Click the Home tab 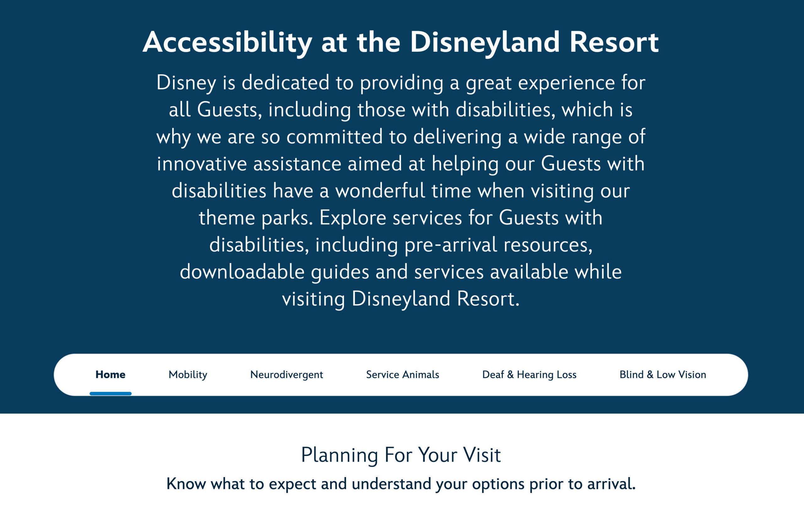coord(110,374)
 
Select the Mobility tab coord(188,374)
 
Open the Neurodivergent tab coord(286,374)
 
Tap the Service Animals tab coord(402,374)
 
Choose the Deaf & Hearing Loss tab coord(529,374)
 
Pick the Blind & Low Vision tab coord(662,374)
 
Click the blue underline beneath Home coord(110,394)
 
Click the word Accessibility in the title coord(227,42)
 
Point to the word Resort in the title coord(614,42)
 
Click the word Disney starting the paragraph coord(186,83)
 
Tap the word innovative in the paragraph coord(202,164)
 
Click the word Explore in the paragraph coord(352,218)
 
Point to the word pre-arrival coord(451,245)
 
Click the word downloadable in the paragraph coord(242,272)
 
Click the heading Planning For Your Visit coord(401,455)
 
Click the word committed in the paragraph coord(334,137)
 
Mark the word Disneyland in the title coord(485,42)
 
